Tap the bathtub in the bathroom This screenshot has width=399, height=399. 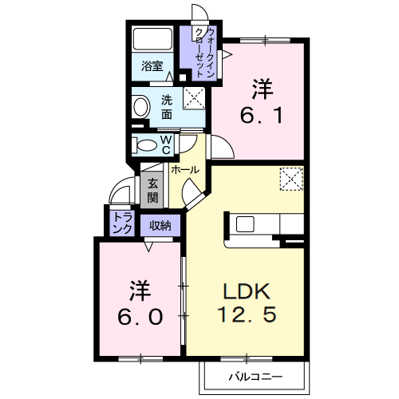(152, 40)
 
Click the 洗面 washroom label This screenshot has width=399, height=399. (167, 107)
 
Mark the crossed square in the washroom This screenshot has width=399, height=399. (193, 99)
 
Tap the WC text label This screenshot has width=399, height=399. (166, 144)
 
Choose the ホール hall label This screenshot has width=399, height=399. (184, 170)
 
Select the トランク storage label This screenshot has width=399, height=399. (123, 223)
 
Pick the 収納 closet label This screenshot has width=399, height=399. (160, 225)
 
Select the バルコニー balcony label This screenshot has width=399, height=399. (254, 374)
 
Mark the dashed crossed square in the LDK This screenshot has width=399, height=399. (292, 179)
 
